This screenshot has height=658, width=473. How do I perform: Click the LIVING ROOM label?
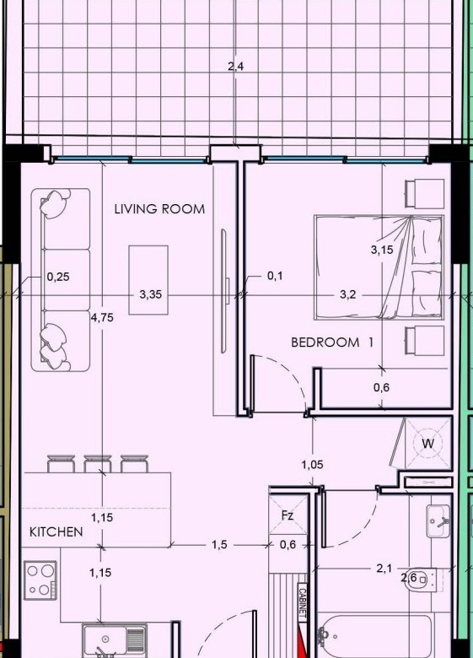(x=159, y=209)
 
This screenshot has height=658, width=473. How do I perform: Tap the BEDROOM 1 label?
(x=332, y=342)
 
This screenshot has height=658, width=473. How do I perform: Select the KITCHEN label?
(x=56, y=532)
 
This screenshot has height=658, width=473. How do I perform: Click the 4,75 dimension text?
(x=102, y=318)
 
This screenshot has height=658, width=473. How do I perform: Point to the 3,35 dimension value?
(x=151, y=294)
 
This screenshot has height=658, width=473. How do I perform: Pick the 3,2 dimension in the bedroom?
(x=347, y=295)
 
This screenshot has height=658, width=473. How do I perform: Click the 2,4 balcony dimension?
(x=236, y=67)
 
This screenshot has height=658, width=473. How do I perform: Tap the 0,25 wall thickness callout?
(x=58, y=277)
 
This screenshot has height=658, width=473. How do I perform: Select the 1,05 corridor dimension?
(x=313, y=465)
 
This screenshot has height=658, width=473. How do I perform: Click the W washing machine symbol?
(x=427, y=444)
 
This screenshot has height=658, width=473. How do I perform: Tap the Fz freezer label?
(x=288, y=515)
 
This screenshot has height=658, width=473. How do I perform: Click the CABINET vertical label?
(x=302, y=603)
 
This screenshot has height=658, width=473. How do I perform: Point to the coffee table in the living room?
(x=148, y=280)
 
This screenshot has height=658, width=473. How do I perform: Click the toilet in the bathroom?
(x=422, y=580)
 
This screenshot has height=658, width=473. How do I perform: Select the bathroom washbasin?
(x=438, y=521)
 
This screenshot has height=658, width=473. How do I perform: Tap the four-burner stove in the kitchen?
(x=40, y=580)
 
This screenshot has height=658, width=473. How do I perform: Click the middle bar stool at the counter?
(x=97, y=464)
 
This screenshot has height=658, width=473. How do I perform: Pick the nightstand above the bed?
(x=424, y=193)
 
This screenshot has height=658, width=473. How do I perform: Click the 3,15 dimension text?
(x=382, y=250)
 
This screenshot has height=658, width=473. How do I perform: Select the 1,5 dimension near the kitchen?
(x=219, y=545)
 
